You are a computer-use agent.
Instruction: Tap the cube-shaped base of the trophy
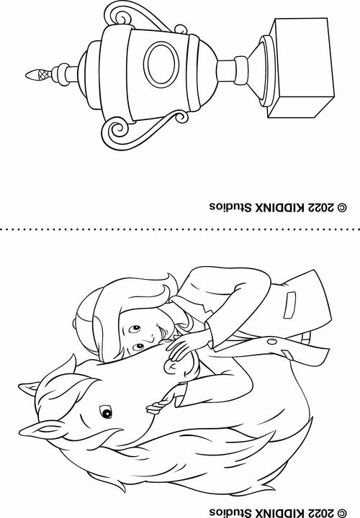click(302, 68)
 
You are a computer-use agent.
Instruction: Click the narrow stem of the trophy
click(227, 71)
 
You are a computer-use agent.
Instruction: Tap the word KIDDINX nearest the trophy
click(278, 207)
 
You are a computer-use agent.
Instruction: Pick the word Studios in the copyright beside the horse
click(230, 513)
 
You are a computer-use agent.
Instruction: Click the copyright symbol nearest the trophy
click(341, 207)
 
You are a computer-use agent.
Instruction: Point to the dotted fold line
click(180, 229)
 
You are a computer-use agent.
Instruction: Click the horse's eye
click(106, 412)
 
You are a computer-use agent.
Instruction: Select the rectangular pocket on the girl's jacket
click(290, 305)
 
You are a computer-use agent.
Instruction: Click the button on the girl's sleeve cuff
click(272, 341)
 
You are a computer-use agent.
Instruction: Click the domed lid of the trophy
click(89, 75)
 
